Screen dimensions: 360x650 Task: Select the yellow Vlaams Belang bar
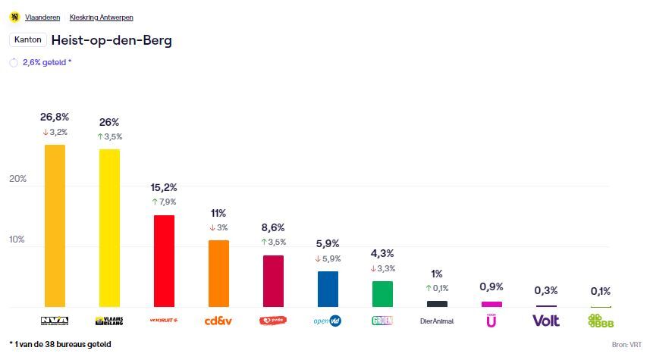point(109,227)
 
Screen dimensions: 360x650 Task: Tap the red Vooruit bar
point(164,261)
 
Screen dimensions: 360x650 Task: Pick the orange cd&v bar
point(218,273)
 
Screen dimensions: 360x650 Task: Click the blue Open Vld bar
point(328,289)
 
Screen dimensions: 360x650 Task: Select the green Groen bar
point(382,293)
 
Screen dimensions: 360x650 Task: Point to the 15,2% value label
point(164,187)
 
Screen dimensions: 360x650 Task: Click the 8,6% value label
point(273,227)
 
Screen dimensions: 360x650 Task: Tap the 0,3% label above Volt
point(546,290)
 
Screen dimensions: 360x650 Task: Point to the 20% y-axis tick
point(17,179)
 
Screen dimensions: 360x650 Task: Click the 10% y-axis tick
point(17,239)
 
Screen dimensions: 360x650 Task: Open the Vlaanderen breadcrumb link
point(42,17)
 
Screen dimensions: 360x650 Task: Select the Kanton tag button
point(27,40)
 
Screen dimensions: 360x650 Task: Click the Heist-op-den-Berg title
point(111,40)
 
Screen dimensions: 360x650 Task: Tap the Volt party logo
point(546,321)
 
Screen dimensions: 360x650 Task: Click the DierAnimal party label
point(437,321)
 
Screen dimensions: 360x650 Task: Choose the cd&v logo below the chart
point(218,321)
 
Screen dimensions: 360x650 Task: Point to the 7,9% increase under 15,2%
point(164,202)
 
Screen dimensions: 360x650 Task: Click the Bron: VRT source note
point(626,345)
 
